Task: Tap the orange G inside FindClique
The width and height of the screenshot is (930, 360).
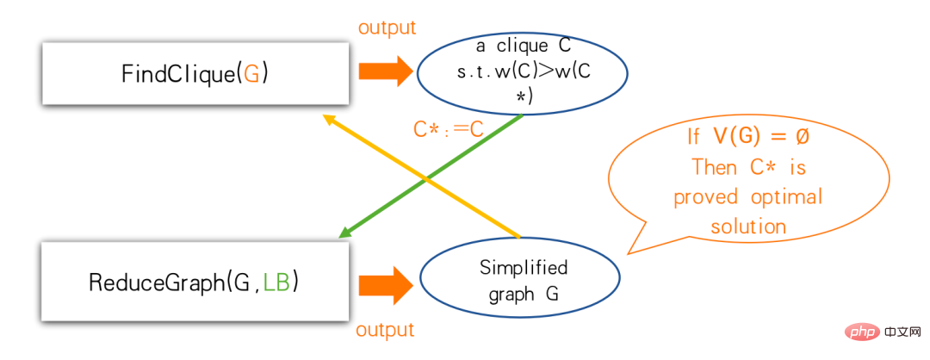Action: [251, 74]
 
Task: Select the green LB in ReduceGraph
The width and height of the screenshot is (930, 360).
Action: [277, 282]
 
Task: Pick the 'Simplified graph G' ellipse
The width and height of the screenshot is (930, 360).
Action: [519, 281]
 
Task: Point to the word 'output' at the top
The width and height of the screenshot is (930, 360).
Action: [387, 28]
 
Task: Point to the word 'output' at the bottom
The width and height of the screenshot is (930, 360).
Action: [385, 330]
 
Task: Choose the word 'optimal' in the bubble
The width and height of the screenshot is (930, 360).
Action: [786, 197]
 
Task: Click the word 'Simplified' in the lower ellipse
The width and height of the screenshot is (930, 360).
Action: [524, 268]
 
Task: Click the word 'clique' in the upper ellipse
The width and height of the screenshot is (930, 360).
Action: [525, 45]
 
